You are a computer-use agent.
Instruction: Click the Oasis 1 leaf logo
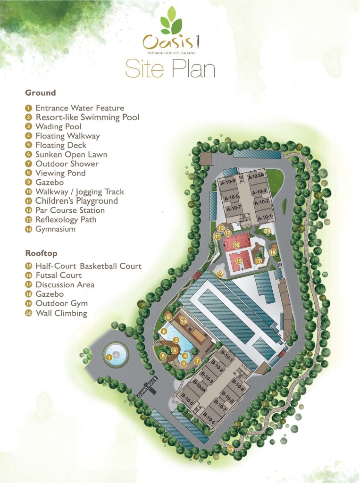[x=171, y=22]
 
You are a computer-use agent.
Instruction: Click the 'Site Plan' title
[x=170, y=69]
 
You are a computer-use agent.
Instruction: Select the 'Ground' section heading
[x=41, y=93]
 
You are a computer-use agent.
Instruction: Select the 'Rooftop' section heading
[x=41, y=253]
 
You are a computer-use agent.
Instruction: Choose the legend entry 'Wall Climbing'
[x=61, y=313]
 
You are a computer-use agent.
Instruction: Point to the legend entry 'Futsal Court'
[x=59, y=275]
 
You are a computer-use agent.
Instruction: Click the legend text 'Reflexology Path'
[x=66, y=220]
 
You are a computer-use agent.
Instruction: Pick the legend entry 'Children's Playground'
[x=76, y=201]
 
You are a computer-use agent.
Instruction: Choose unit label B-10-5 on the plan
[x=186, y=402]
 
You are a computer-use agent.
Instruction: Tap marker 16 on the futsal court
[x=236, y=245]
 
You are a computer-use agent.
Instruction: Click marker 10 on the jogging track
[x=230, y=450]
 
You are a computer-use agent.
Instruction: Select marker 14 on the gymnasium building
[x=183, y=321]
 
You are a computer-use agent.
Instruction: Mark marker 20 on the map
[x=268, y=231]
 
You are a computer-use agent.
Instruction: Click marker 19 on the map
[x=220, y=273]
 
